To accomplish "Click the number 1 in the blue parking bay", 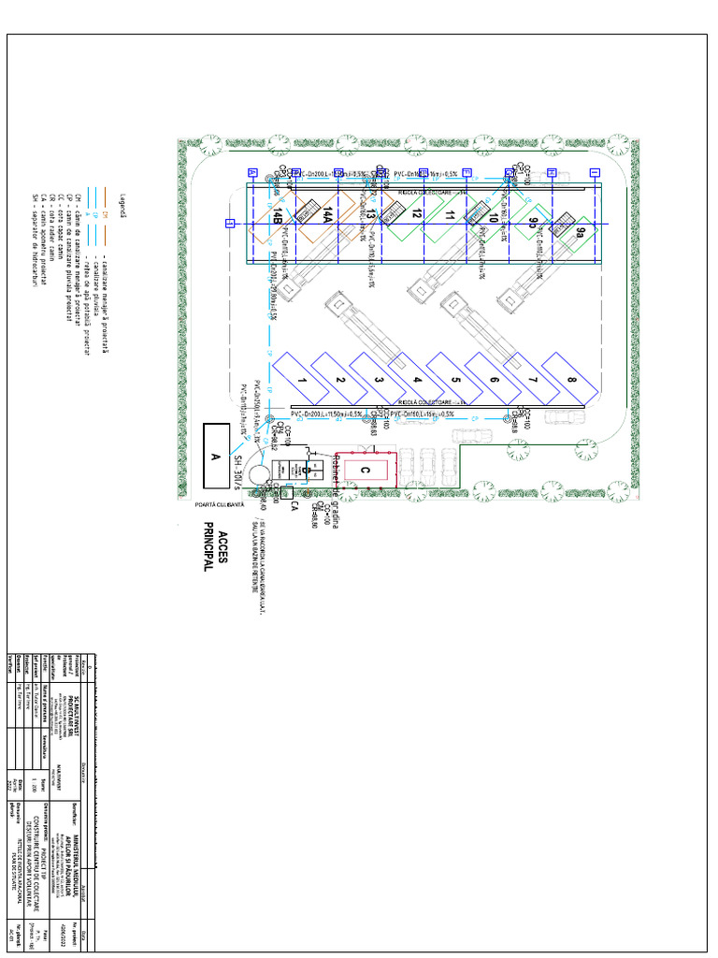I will [x=302, y=380].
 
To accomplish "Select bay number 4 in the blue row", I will [x=417, y=380].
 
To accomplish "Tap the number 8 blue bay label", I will [x=570, y=380].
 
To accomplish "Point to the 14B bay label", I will [x=279, y=217].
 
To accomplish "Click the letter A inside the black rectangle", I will [x=215, y=457].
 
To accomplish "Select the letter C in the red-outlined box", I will [x=366, y=470].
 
